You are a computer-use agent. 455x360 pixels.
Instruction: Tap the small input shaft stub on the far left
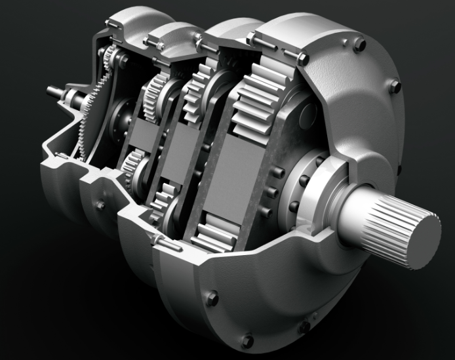tap(54, 92)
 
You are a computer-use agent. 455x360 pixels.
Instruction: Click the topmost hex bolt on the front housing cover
tap(359, 45)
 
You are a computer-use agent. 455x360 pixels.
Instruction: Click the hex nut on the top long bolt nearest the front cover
tap(302, 59)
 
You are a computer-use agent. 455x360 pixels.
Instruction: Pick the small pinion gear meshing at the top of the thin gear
tap(122, 60)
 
